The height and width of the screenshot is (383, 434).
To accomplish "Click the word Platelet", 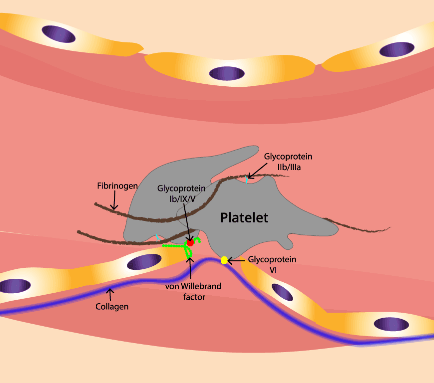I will pos(244,217).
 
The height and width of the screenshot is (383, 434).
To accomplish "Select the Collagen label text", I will pos(112,307).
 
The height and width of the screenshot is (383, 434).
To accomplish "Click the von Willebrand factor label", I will pos(193,291).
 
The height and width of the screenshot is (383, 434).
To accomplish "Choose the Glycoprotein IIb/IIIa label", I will pos(288,162).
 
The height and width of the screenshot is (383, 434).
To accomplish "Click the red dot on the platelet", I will pos(190,242).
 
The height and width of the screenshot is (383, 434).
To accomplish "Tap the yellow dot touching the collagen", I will pos(224,260).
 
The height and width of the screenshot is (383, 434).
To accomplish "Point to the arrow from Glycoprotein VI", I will pos(237,260).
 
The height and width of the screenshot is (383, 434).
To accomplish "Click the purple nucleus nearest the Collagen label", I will pos(144,262).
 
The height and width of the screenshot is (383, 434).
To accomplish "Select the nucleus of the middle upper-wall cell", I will pos(227,73).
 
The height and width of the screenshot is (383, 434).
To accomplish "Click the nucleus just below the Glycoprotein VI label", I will pos(282,292).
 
